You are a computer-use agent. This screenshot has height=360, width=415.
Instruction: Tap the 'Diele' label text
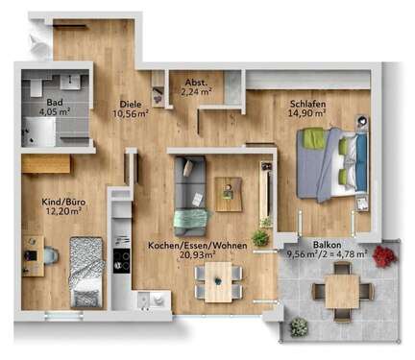[x=130, y=103]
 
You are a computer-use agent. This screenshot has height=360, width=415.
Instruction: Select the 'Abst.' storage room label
[x=195, y=81]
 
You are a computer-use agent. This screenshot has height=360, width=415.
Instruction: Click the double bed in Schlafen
[x=331, y=163]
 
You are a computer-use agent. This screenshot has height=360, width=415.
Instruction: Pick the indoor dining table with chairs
[x=218, y=281]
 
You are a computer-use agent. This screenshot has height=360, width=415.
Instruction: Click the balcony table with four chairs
[x=341, y=286]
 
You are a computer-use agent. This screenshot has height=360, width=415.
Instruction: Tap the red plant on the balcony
[x=384, y=255]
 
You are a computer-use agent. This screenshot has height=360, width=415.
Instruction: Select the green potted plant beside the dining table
[x=260, y=236]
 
